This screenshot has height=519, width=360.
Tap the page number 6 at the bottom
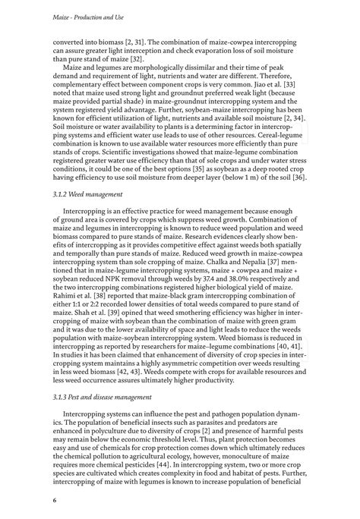(55, 500)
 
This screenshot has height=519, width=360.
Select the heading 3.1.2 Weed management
(89, 194)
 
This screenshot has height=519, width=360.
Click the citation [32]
(155, 55)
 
